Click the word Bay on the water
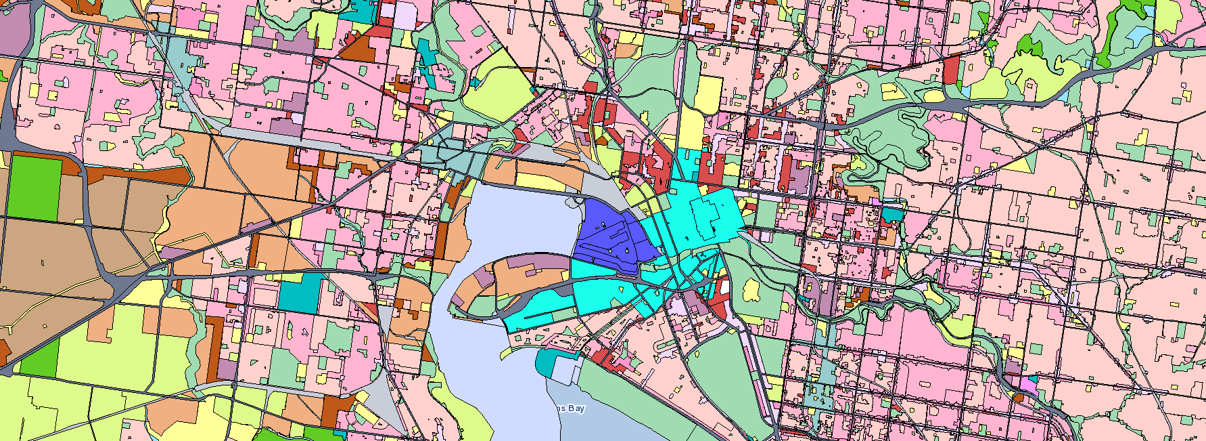[x=576, y=408]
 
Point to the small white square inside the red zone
[x=725, y=287]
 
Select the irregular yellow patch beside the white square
[x=751, y=291]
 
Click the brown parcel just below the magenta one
[x=1019, y=397]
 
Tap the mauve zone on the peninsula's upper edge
[x=534, y=261]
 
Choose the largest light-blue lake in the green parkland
[x=1139, y=34]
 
